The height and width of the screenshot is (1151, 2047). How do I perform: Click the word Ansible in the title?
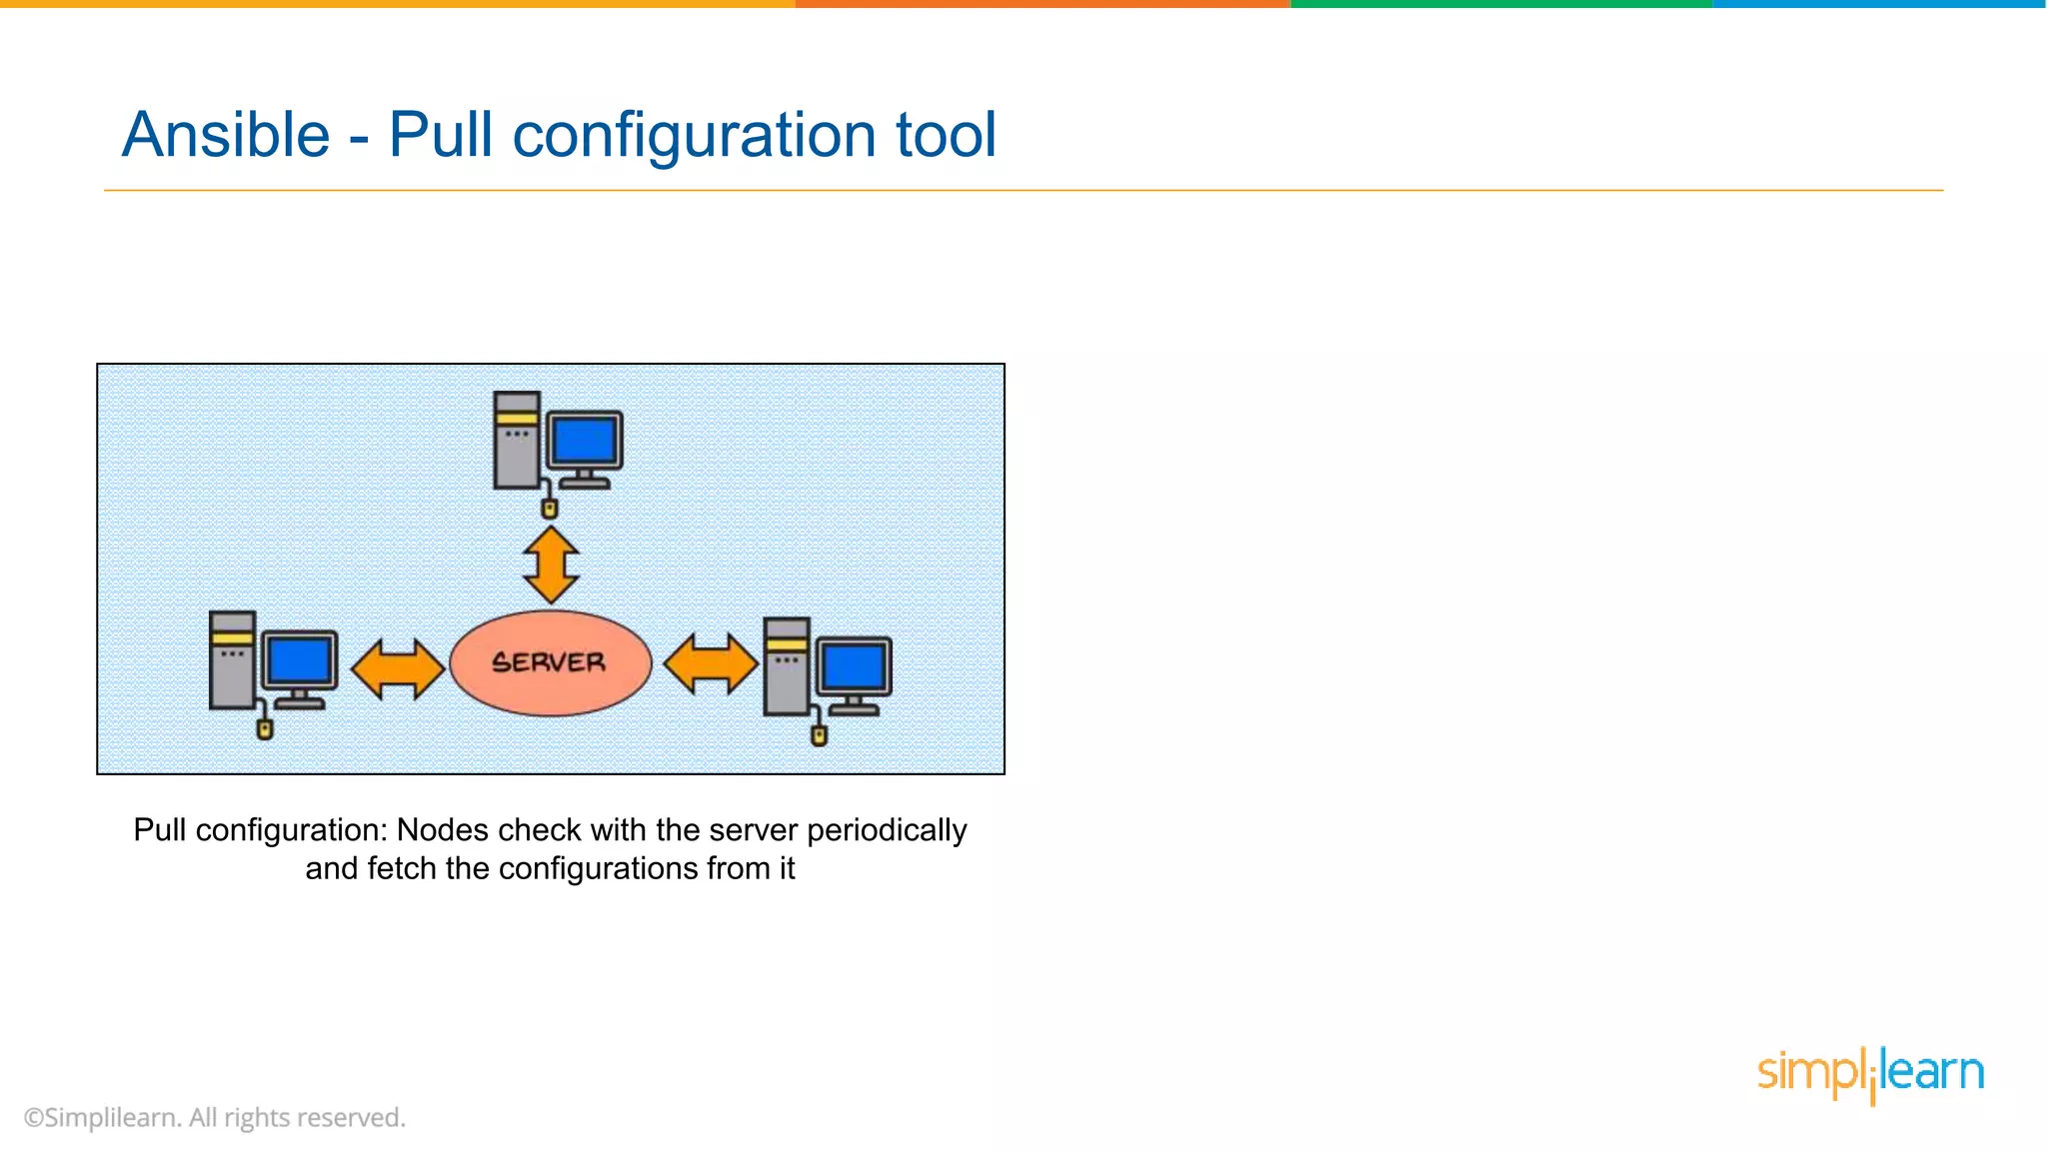click(x=226, y=135)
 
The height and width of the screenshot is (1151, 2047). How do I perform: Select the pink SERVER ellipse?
click(x=550, y=662)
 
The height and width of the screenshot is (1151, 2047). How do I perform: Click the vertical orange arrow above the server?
click(x=551, y=565)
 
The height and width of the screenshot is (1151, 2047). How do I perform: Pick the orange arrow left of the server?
click(x=398, y=667)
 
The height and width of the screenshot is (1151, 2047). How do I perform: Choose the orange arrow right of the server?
click(x=711, y=663)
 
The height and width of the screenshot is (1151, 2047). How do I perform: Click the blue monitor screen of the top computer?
click(x=585, y=441)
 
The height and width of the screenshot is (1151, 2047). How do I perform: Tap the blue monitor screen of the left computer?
click(x=300, y=659)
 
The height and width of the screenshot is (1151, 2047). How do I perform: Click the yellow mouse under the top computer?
click(x=549, y=509)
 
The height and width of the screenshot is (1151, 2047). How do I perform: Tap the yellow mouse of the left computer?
click(x=265, y=729)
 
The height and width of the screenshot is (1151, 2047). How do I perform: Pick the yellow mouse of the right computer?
click(x=820, y=736)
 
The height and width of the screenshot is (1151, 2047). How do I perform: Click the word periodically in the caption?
click(x=887, y=830)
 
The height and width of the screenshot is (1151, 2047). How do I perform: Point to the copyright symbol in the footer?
click(x=34, y=1118)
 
